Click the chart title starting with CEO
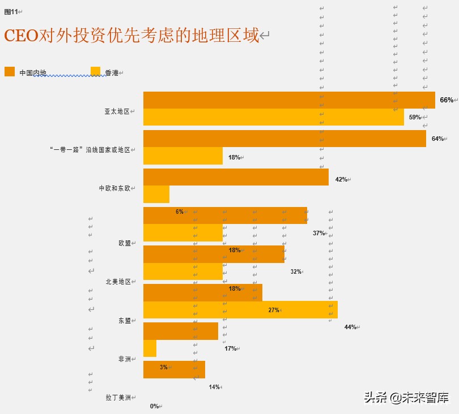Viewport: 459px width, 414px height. pos(131,36)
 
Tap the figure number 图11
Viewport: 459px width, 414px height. pos(11,12)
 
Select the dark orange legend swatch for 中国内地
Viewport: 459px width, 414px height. pos(10,71)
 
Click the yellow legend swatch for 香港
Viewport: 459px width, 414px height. pos(95,71)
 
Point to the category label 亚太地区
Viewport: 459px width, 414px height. pos(117,111)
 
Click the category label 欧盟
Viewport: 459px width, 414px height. pos(124,243)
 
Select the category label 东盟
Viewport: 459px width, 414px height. pos(124,320)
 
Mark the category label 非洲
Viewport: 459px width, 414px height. pos(124,359)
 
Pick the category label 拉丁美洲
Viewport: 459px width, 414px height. pos(118,398)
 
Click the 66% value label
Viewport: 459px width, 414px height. pos(446,100)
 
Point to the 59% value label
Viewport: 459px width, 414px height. pos(415,118)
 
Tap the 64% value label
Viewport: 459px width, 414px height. pos(437,139)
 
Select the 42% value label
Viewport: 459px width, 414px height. pos(341,179)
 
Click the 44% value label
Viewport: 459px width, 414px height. pos(350,327)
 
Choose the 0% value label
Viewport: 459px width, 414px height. pos(154,406)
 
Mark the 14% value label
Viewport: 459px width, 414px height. pos(214,387)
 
